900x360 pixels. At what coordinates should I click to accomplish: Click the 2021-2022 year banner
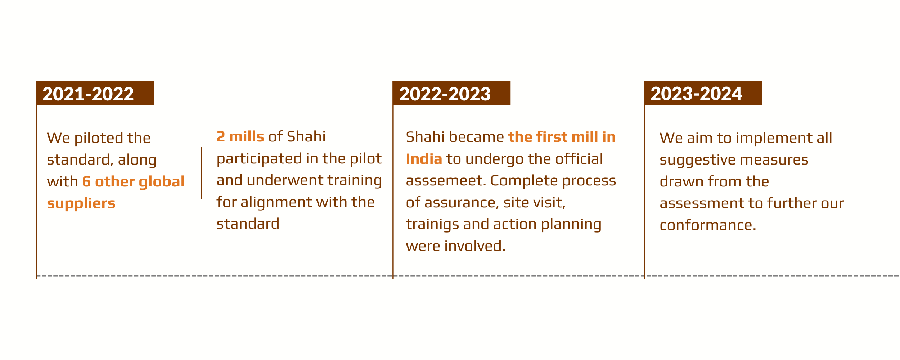[95, 93]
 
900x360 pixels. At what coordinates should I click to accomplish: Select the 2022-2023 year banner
[451, 93]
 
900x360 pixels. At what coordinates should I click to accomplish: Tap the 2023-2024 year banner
[703, 93]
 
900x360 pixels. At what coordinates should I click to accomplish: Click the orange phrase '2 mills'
[240, 137]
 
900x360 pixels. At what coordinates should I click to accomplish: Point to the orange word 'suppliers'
[81, 204]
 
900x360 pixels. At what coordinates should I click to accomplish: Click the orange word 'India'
[424, 159]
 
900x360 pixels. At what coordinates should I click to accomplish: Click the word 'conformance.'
[708, 225]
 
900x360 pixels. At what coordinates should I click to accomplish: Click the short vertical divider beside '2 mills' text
[201, 173]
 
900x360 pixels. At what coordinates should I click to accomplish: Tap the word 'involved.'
[475, 246]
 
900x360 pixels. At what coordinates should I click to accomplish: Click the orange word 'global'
[162, 182]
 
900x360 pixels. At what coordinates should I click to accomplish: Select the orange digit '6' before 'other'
[86, 182]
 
